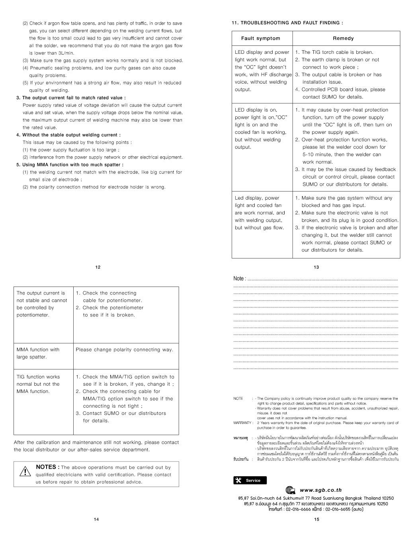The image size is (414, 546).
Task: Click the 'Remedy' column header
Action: click(x=343, y=38)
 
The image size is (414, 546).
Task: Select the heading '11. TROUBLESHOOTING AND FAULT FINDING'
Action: click(x=287, y=23)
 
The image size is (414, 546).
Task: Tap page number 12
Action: click(x=98, y=267)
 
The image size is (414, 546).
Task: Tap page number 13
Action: click(x=316, y=267)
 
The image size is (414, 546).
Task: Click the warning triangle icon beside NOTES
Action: click(x=25, y=472)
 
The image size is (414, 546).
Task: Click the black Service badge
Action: click(x=250, y=480)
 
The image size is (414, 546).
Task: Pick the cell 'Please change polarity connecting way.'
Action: click(x=125, y=350)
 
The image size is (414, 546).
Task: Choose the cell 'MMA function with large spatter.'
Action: click(x=38, y=353)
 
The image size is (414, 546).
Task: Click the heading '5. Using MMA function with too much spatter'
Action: click(x=70, y=165)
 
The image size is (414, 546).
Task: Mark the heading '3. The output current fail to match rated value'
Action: click(x=71, y=98)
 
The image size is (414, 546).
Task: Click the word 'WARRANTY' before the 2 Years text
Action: click(x=242, y=422)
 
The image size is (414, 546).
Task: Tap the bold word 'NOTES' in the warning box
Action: click(x=48, y=467)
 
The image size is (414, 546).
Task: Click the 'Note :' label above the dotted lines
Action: click(x=240, y=278)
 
